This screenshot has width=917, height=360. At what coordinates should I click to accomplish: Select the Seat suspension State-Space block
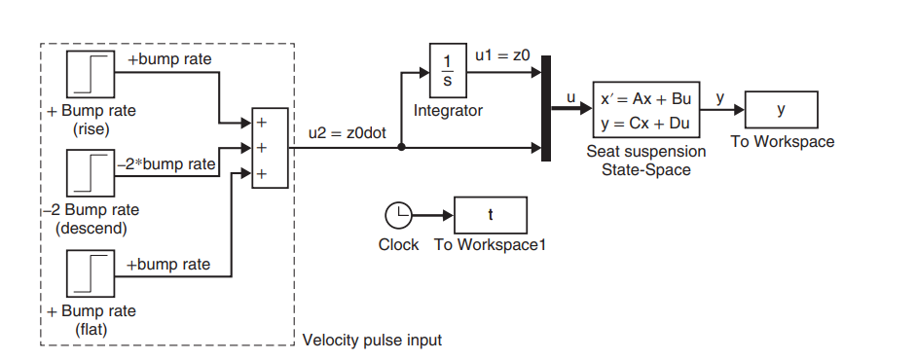pyautogui.click(x=646, y=110)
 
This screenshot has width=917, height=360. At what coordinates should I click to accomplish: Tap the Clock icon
pyautogui.click(x=398, y=215)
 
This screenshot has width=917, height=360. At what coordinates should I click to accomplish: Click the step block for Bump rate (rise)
pyautogui.click(x=92, y=75)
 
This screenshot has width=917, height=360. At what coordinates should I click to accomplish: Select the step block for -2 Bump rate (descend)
pyautogui.click(x=92, y=173)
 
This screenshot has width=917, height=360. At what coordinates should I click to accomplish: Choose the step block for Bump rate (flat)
pyautogui.click(x=92, y=275)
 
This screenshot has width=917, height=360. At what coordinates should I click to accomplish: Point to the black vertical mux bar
pyautogui.click(x=546, y=110)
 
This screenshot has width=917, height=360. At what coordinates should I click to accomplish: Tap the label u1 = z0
pyautogui.click(x=501, y=57)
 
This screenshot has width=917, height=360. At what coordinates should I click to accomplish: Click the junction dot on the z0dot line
pyautogui.click(x=402, y=148)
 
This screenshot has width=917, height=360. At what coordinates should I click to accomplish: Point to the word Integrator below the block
pyautogui.click(x=448, y=111)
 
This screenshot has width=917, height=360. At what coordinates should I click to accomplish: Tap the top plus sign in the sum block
pyautogui.click(x=260, y=124)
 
